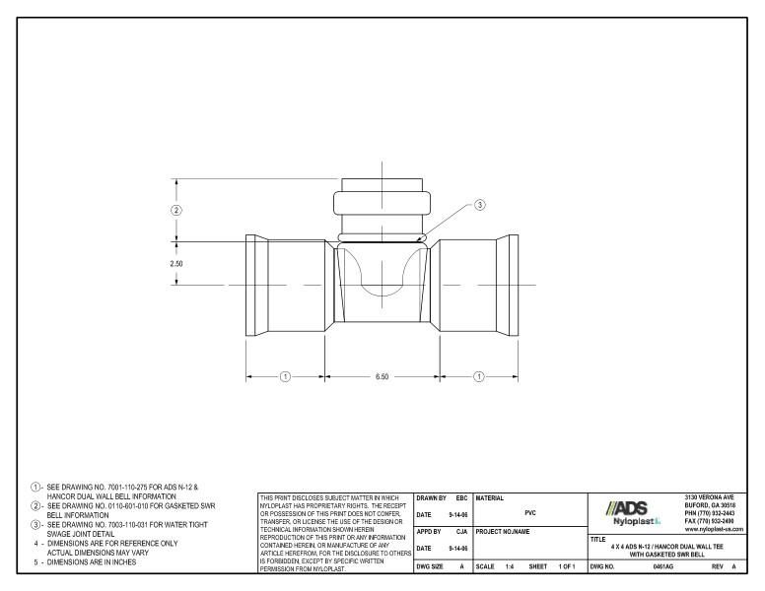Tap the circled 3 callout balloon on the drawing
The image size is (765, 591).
[480, 205]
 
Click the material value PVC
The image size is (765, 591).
[530, 512]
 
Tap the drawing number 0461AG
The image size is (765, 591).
[663, 568]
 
